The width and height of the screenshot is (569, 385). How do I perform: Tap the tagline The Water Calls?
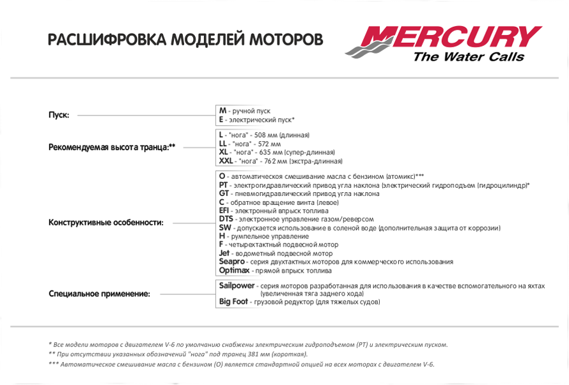click(x=468, y=57)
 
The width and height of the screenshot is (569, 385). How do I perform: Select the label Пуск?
click(x=59, y=115)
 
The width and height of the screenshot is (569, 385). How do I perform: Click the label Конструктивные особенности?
click(x=106, y=223)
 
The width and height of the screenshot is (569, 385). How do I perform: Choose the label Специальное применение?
click(x=100, y=294)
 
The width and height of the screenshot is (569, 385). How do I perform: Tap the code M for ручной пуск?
click(x=222, y=110)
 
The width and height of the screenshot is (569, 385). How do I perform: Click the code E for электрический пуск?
click(x=221, y=119)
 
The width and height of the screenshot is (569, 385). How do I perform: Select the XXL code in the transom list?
click(x=226, y=161)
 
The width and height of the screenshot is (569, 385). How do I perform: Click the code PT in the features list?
click(x=223, y=185)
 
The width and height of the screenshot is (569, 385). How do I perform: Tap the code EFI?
click(x=224, y=211)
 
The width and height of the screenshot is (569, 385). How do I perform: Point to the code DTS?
click(x=226, y=219)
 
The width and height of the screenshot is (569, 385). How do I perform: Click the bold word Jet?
click(x=224, y=253)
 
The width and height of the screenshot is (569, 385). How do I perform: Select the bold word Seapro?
click(x=231, y=262)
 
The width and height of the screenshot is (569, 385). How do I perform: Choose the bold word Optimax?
click(x=234, y=270)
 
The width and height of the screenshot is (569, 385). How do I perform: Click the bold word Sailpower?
click(x=237, y=285)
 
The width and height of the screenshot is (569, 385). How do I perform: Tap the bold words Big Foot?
click(x=233, y=301)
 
